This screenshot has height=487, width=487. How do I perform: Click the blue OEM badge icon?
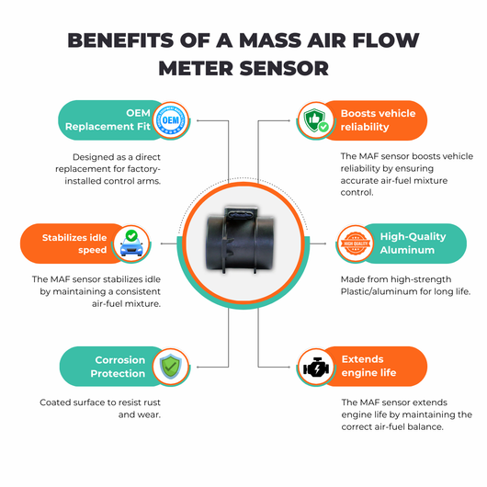pos(171,120)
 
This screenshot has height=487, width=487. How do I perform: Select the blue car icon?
pos(131,243)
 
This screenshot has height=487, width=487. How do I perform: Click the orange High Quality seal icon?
pos(356,243)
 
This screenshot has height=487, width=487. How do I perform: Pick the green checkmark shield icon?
pos(171,367)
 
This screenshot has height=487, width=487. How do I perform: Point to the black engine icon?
pos(316,367)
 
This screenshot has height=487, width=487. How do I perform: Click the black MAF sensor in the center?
pos(240,240)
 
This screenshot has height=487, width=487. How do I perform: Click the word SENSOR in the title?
pos(284,68)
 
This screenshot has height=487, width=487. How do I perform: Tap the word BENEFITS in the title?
pos(120,40)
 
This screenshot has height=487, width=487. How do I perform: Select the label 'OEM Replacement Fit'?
pos(108,119)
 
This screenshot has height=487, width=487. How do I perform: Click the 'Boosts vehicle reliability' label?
pos(378,119)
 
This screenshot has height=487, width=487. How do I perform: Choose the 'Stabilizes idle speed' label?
pos(74,243)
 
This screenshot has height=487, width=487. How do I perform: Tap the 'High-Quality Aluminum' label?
pos(413,243)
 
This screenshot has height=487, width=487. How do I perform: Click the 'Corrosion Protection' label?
pos(118,367)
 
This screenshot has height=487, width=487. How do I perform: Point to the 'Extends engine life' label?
pos(368,366)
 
